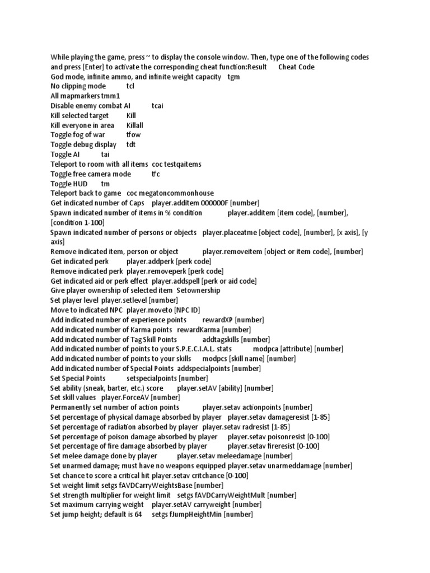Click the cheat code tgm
click(x=233, y=77)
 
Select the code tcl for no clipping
click(x=130, y=86)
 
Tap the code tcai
click(x=157, y=106)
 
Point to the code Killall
click(x=135, y=125)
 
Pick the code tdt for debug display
click(x=131, y=144)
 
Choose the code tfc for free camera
click(x=156, y=174)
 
